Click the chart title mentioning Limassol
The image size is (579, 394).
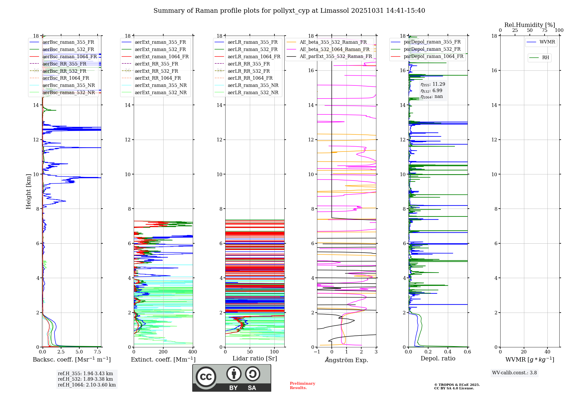point(289,11)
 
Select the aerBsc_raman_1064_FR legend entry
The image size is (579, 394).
point(69,56)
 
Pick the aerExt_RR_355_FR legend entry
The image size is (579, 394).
point(156,64)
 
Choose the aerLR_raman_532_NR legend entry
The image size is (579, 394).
point(253,92)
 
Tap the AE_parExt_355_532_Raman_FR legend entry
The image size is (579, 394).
point(336,56)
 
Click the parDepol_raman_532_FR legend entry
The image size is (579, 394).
point(432,49)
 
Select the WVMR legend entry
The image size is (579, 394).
point(547,42)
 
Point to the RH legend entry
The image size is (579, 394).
point(545,58)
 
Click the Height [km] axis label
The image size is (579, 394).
point(28,191)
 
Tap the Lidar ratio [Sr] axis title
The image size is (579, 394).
point(254,358)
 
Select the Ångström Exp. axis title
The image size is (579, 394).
point(346,360)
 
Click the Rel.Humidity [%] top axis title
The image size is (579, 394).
point(529,25)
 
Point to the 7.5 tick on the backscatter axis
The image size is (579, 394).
point(98,352)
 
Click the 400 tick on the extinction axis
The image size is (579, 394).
point(193,352)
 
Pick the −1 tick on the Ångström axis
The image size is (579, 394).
point(317,352)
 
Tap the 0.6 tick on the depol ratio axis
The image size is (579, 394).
point(467,352)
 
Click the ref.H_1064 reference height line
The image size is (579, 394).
point(87,385)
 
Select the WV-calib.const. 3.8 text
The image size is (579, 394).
point(514,373)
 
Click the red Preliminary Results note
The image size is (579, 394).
point(302,385)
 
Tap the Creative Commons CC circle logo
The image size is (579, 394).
point(206,377)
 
